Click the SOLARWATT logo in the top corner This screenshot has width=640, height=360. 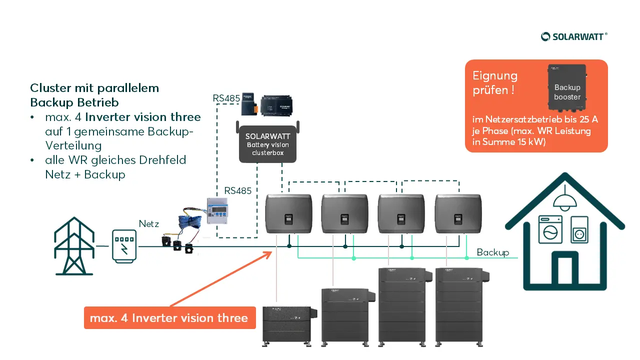(x=574, y=36)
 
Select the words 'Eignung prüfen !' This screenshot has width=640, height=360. (x=495, y=83)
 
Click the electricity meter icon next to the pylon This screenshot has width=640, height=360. (x=123, y=245)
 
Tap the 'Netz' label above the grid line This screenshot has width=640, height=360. (x=149, y=224)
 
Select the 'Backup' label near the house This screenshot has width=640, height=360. (x=492, y=252)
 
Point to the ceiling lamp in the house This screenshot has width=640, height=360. (x=564, y=199)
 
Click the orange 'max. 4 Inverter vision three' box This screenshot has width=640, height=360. (x=169, y=318)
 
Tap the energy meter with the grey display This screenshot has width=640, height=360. (x=220, y=211)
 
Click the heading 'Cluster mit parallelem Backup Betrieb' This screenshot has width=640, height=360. (x=94, y=95)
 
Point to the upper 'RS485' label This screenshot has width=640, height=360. (x=226, y=98)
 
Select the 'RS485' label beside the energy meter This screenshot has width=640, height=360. (x=238, y=190)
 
